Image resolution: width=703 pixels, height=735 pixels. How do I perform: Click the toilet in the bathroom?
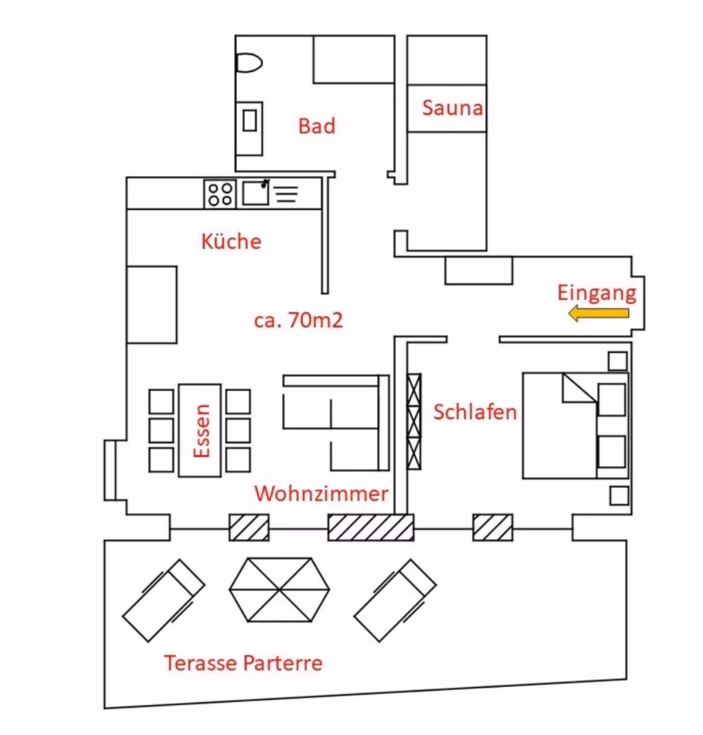(x=249, y=63)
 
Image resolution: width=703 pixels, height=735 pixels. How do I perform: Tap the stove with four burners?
(x=220, y=194)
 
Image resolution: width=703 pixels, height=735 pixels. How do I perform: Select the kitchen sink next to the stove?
(x=255, y=193)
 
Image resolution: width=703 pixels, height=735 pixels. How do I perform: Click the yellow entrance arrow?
(x=599, y=314)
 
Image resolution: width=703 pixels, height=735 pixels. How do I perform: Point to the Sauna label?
(x=452, y=108)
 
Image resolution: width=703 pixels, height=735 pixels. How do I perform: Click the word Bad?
(x=317, y=126)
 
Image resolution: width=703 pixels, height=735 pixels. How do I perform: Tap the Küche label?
(x=231, y=241)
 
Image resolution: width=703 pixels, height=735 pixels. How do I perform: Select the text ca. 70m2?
(x=298, y=320)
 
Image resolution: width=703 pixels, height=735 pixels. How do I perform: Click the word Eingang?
(x=597, y=294)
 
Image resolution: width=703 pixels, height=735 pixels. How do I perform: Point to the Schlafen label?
(x=475, y=412)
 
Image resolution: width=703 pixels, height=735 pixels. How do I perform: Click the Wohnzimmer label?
(x=321, y=494)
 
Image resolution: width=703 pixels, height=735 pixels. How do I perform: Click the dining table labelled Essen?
(x=200, y=431)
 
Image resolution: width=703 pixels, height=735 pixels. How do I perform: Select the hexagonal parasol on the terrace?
(x=279, y=590)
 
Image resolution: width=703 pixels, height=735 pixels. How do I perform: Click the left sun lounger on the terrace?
(x=163, y=601)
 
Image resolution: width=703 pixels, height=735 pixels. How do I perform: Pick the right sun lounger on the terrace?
(x=395, y=601)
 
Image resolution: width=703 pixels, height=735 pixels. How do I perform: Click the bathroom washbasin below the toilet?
(x=249, y=128)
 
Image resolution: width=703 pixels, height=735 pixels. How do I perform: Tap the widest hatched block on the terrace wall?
(x=371, y=528)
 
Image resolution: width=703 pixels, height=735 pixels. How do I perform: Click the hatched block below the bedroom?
(x=493, y=528)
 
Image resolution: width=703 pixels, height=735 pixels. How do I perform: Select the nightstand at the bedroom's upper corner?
(x=617, y=361)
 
